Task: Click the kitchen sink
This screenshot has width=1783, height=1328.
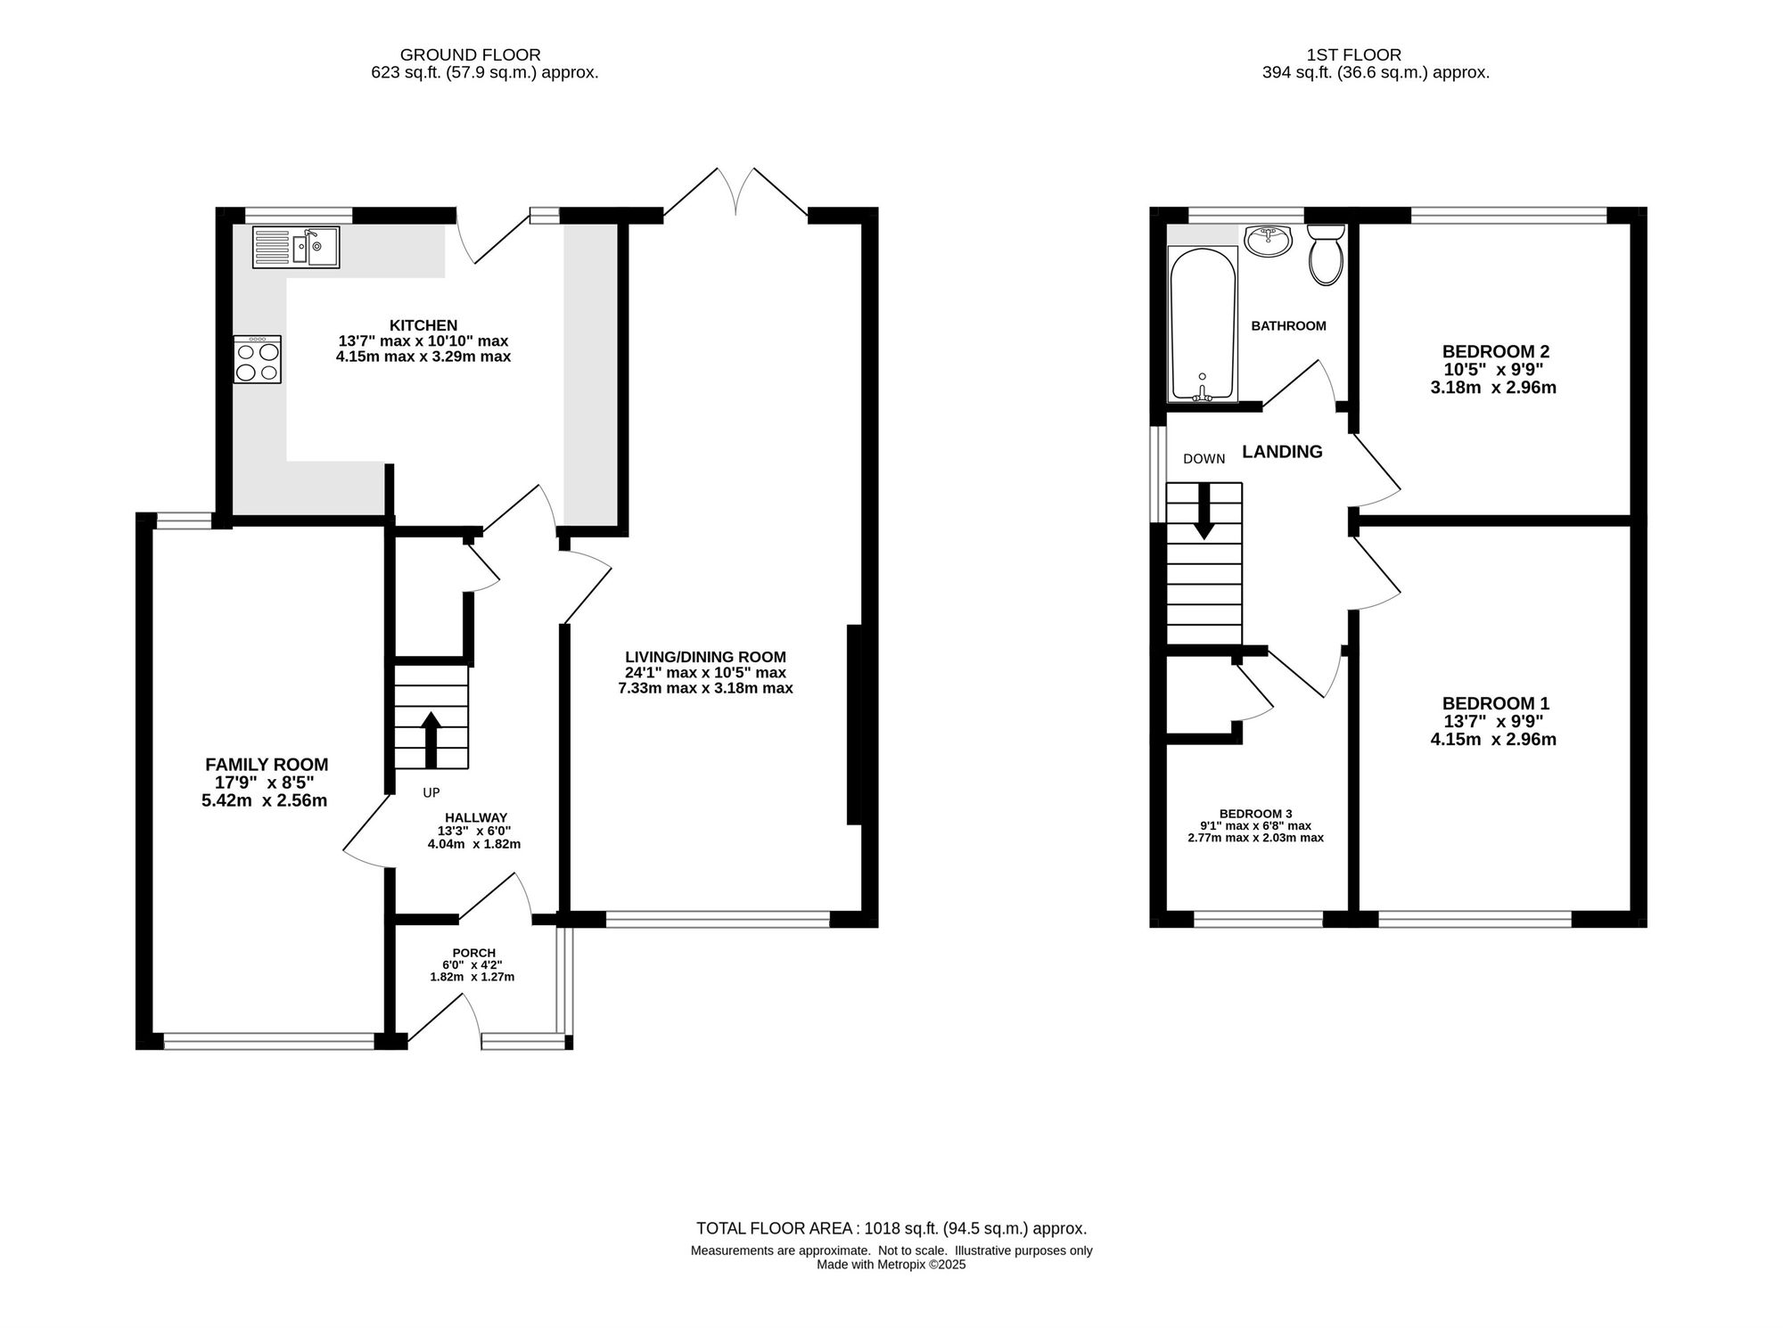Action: pyautogui.click(x=295, y=247)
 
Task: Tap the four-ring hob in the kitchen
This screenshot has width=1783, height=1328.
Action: pyautogui.click(x=257, y=359)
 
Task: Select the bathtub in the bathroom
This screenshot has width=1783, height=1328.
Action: pyautogui.click(x=1202, y=324)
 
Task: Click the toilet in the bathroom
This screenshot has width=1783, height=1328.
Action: pyautogui.click(x=1326, y=254)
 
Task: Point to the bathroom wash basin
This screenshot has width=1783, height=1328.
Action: pyautogui.click(x=1268, y=241)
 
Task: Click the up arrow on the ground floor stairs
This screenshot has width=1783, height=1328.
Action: pyautogui.click(x=431, y=739)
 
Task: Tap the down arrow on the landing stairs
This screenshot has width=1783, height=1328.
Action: pyautogui.click(x=1204, y=512)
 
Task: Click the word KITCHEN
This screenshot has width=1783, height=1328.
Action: pyautogui.click(x=423, y=325)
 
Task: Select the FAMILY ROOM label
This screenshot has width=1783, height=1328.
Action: pyautogui.click(x=267, y=764)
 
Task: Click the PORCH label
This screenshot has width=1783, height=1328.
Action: pyautogui.click(x=473, y=953)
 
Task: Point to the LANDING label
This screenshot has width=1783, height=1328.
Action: pyautogui.click(x=1282, y=452)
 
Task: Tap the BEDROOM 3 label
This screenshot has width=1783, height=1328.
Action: pyautogui.click(x=1255, y=814)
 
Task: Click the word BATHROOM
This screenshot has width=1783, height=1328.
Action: pyautogui.click(x=1288, y=326)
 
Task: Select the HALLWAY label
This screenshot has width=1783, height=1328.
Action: pyautogui.click(x=476, y=817)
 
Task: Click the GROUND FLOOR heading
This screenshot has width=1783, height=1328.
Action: pyautogui.click(x=470, y=55)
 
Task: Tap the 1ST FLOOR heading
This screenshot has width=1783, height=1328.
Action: pyautogui.click(x=1353, y=55)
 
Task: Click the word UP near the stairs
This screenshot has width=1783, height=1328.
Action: pyautogui.click(x=431, y=792)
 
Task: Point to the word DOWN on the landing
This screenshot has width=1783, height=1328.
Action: pyautogui.click(x=1204, y=459)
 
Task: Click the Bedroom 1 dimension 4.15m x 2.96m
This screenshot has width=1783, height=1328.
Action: pyautogui.click(x=1493, y=739)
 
